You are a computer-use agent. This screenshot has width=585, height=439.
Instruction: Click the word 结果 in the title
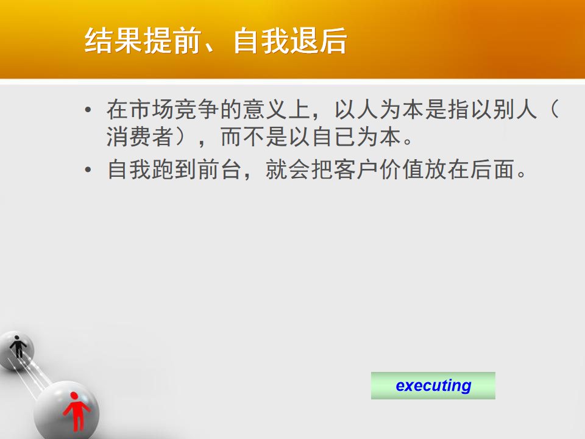[113, 41]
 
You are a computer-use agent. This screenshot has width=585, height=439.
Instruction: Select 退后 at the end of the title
[319, 41]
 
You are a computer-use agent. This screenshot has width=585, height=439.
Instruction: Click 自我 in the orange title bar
[261, 41]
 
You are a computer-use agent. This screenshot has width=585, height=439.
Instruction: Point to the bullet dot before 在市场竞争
[88, 110]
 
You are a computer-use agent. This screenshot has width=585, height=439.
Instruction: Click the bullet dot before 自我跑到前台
[88, 170]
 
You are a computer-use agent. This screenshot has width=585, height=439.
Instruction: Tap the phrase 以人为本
[380, 109]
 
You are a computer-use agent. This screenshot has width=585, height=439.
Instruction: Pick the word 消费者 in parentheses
[140, 137]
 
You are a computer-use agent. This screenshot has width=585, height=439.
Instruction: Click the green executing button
[433, 385]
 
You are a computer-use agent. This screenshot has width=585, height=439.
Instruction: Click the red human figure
[77, 412]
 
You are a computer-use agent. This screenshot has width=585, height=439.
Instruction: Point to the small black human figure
[18, 347]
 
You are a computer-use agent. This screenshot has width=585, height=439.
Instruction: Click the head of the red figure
[74, 396]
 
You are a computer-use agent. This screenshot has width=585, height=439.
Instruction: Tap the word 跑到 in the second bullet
[175, 170]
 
